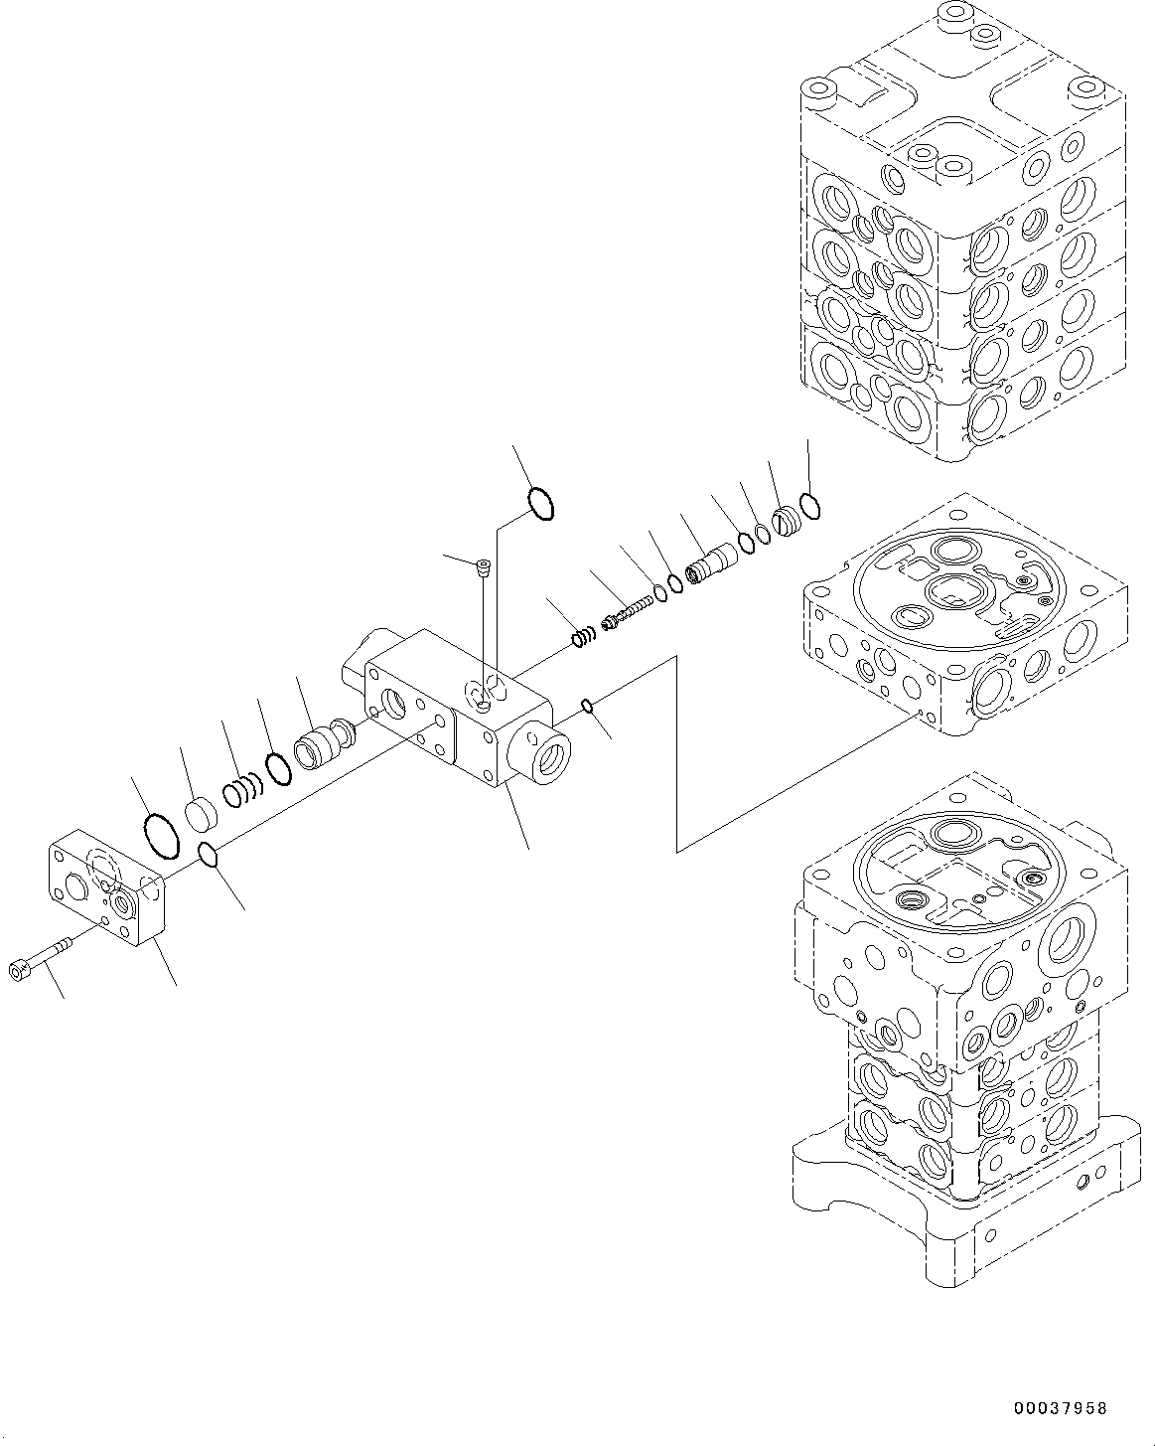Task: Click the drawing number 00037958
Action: pos(1060,1409)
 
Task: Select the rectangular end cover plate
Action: pos(107,890)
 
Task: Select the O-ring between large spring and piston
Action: pos(278,768)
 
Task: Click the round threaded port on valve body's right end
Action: pos(542,739)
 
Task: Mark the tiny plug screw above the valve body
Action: pos(483,567)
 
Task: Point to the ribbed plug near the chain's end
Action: pos(787,520)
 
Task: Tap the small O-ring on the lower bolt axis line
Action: pos(209,854)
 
